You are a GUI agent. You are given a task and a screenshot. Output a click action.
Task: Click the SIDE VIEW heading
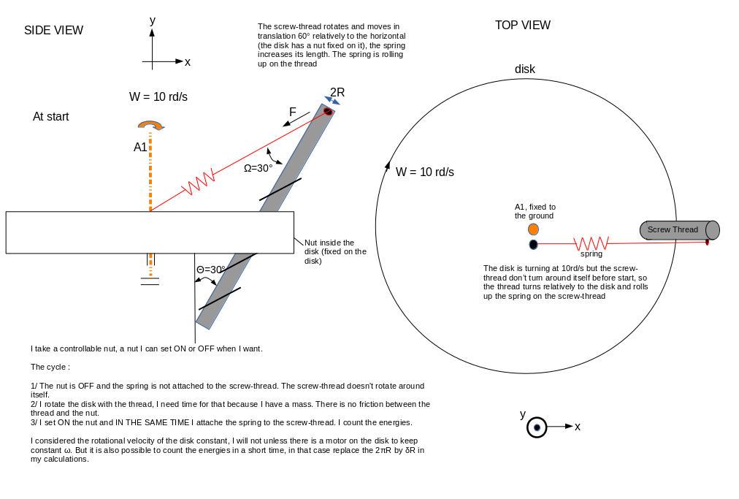pos(53,31)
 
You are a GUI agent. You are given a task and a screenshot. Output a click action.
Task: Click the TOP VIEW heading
pos(522,26)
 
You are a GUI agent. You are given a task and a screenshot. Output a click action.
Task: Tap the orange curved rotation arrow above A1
pos(150,125)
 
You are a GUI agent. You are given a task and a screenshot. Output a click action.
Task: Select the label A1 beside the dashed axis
pos(140,148)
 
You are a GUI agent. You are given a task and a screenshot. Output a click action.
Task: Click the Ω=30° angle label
pos(258,168)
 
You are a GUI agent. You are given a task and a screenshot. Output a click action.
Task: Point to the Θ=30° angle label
pos(210,270)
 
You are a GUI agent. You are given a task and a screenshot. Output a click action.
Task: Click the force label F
pos(293,113)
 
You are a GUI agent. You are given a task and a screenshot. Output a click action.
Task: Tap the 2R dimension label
pos(337,93)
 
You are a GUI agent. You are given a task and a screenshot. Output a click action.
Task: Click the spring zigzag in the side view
pos(197,183)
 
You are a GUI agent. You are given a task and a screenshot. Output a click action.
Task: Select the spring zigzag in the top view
pos(591,243)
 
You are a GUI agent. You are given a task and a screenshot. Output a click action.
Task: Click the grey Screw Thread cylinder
pos(679,230)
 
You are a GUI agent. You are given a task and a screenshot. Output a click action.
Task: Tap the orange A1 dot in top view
pos(533,229)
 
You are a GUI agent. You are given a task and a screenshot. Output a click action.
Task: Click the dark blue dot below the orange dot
pos(533,245)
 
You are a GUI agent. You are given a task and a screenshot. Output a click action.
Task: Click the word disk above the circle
pos(524,69)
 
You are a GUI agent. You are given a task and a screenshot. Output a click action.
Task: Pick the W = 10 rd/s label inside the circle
pos(424,172)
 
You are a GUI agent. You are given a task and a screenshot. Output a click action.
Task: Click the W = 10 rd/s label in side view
pos(158,97)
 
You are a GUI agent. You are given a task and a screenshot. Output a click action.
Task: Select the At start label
pos(50,117)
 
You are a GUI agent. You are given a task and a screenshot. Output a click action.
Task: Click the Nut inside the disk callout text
pos(334,251)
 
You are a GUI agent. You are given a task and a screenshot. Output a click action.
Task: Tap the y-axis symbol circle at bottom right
pos(537,427)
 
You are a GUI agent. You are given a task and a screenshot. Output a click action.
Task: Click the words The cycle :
pos(50,367)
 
